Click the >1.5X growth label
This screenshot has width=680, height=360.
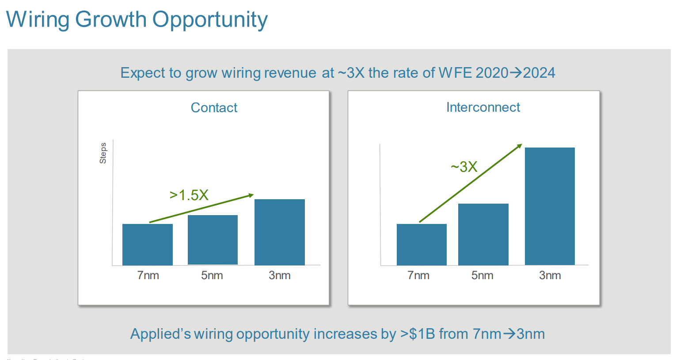point(189,195)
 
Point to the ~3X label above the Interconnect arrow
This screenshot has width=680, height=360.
point(464,167)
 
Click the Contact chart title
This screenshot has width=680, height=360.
point(214,107)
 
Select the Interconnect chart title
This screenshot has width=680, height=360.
point(483,107)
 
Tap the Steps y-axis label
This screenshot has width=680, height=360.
point(103,153)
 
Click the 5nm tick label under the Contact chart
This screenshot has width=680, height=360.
point(212,275)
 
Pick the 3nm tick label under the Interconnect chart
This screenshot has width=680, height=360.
point(550,275)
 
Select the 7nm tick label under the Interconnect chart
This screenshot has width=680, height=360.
point(418,275)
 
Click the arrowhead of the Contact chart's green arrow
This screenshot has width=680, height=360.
point(251,195)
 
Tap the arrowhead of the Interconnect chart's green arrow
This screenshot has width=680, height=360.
point(520,146)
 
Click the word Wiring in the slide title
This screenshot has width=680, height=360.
point(38,20)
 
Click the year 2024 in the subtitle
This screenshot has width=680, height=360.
point(539,72)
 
